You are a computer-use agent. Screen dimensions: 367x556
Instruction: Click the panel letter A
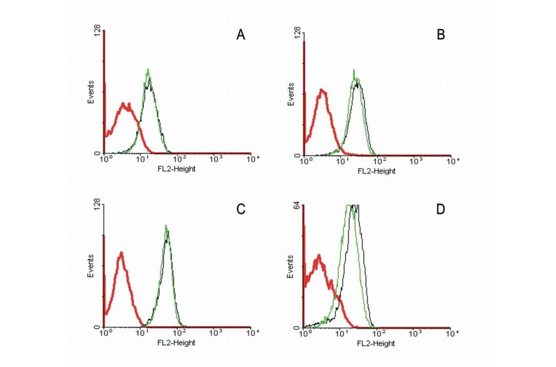point(242,35)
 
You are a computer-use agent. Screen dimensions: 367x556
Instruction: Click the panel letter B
point(441,35)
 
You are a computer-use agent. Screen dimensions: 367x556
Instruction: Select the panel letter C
point(242,209)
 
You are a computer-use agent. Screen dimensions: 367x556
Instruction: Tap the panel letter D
point(441,209)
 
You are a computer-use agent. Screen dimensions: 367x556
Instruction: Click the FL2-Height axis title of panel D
point(376,343)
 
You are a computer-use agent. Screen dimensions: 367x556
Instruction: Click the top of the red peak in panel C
point(122,252)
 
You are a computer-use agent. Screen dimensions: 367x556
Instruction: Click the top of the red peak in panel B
point(322,90)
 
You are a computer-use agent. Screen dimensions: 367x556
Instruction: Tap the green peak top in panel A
point(148,69)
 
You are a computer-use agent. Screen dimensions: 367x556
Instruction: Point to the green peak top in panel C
point(166,226)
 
